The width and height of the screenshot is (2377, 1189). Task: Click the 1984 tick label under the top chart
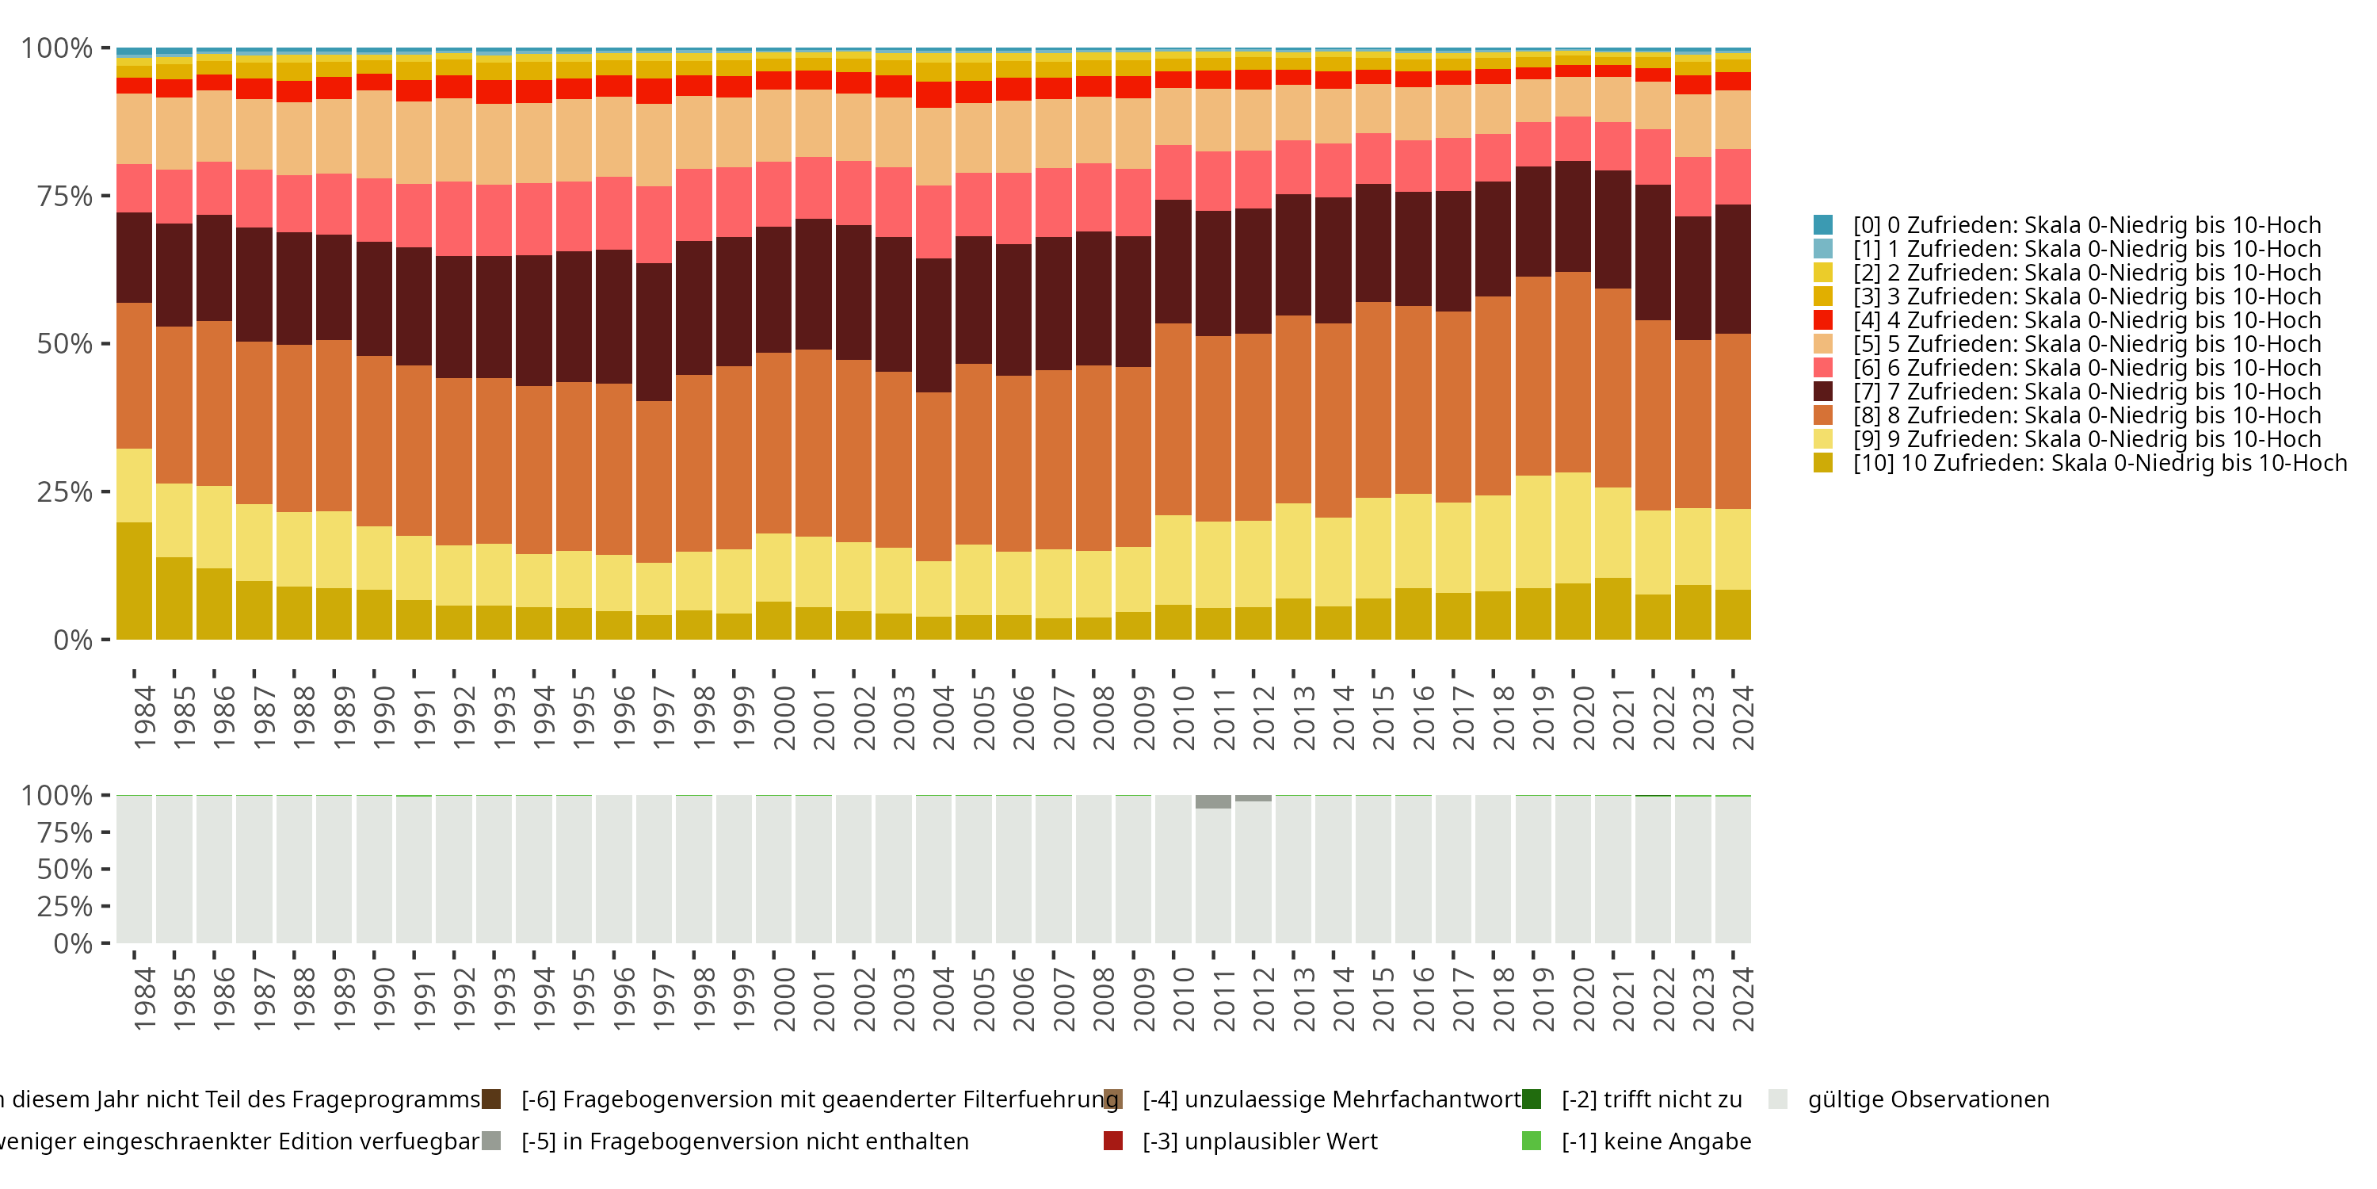(x=144, y=717)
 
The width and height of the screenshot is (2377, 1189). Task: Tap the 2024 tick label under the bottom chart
(x=1742, y=999)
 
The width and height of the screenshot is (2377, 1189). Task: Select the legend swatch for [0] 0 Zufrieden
(x=1822, y=225)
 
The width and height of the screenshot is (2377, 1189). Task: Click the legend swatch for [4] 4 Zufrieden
(x=1822, y=320)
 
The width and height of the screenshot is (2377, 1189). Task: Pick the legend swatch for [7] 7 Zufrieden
(x=1822, y=392)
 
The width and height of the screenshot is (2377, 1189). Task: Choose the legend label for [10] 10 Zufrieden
(x=2099, y=462)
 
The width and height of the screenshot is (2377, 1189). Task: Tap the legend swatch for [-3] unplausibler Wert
(x=1113, y=1141)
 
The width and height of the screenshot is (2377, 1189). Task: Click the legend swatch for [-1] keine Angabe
(x=1531, y=1141)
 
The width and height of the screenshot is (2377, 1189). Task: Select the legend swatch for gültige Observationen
(x=1777, y=1099)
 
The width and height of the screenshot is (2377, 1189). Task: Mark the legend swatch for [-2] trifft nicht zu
(x=1531, y=1099)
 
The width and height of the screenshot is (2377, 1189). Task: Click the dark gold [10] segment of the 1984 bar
(x=134, y=582)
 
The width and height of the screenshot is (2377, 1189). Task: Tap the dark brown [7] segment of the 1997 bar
(x=654, y=332)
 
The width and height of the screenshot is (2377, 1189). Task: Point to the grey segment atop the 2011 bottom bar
(x=1212, y=802)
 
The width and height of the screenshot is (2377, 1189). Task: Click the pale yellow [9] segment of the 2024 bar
(x=1733, y=549)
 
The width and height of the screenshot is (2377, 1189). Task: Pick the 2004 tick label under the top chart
(x=943, y=717)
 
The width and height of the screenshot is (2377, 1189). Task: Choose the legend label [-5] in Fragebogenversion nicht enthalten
(x=745, y=1141)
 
